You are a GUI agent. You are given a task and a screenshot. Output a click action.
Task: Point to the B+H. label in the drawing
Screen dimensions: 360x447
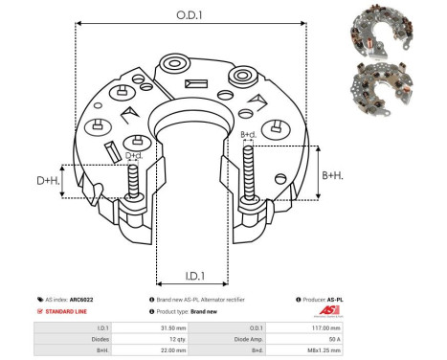332,175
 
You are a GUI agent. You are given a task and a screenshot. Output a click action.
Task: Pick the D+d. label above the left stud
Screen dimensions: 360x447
135,156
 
